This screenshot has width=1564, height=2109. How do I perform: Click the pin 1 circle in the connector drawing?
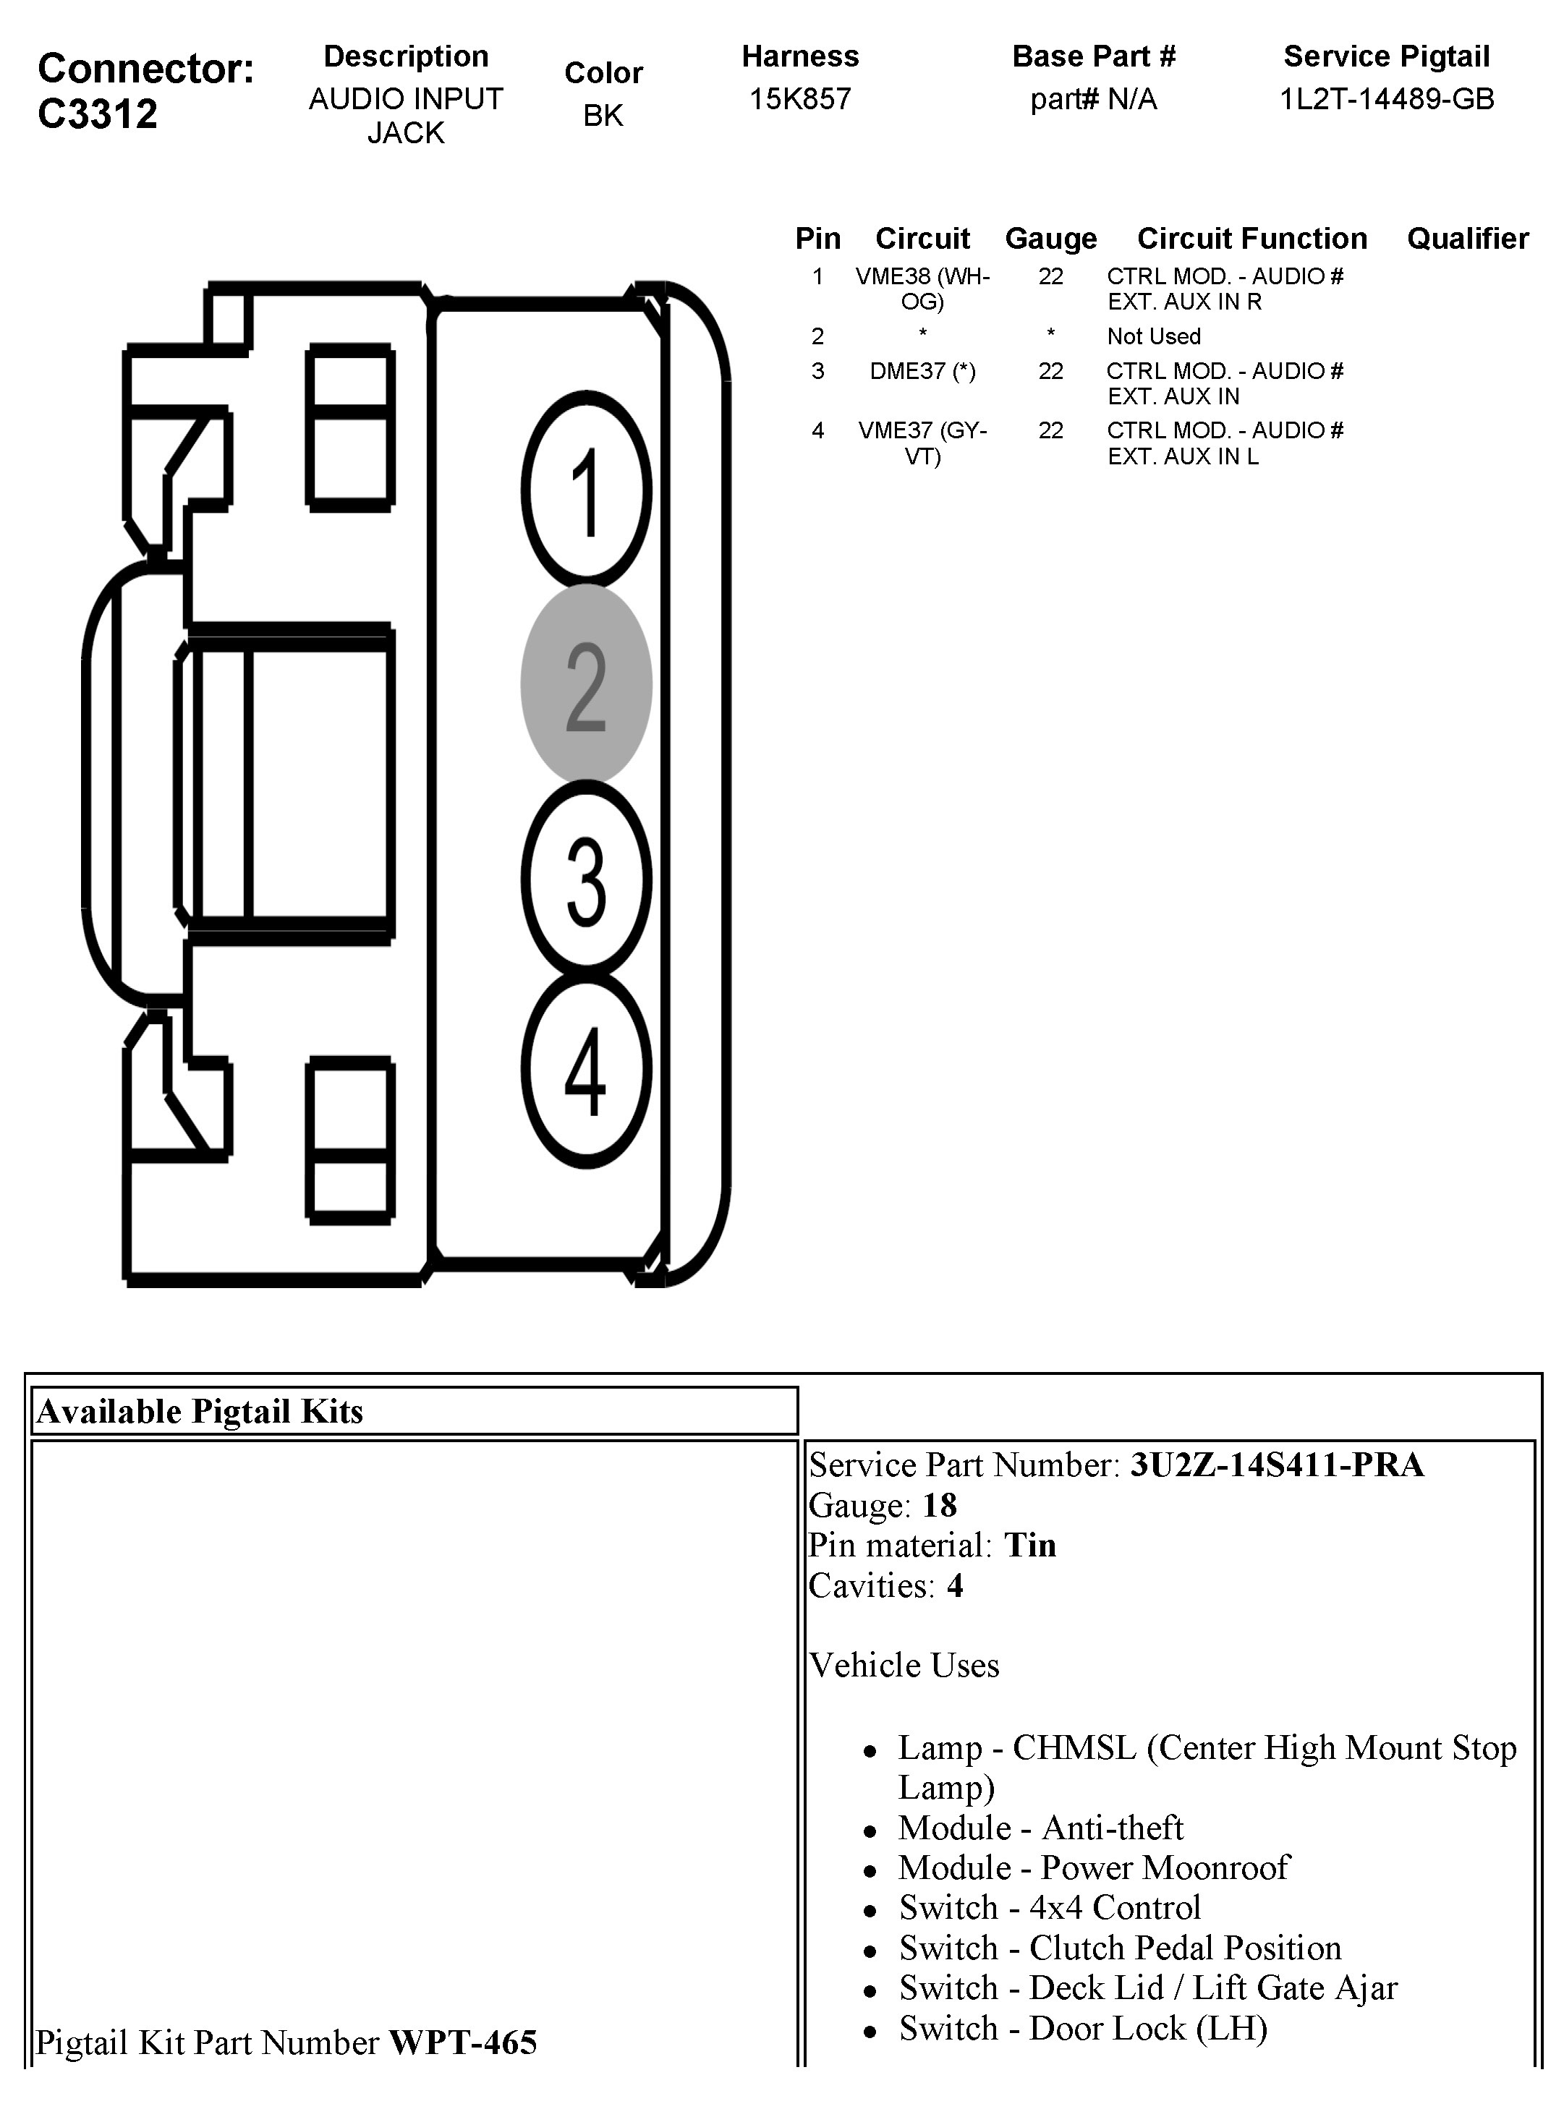[586, 490]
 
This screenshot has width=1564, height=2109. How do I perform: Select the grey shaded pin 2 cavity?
[586, 684]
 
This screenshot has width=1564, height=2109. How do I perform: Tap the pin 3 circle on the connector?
[586, 879]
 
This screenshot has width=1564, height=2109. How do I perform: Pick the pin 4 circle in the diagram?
[586, 1070]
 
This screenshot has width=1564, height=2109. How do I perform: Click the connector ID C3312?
[98, 114]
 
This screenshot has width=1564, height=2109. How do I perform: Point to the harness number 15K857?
[800, 98]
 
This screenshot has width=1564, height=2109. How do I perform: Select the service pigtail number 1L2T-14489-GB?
[1386, 98]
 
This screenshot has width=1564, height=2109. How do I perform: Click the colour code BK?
[603, 116]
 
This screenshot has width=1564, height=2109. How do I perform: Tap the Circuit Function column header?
[1251, 239]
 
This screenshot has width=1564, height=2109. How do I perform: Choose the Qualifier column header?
[1468, 239]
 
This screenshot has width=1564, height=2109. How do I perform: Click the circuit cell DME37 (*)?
[922, 371]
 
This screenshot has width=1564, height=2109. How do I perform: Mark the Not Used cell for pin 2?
[1153, 336]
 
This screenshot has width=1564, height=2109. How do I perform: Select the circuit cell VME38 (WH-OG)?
[922, 289]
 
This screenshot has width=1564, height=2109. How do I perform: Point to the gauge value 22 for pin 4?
[1050, 431]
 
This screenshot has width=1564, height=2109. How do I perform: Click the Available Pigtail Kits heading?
[200, 1411]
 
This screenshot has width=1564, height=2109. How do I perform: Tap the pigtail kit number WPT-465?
[463, 2042]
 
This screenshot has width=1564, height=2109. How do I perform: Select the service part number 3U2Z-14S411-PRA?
[1276, 1465]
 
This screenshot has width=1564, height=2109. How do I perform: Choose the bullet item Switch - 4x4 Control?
[1049, 1907]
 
